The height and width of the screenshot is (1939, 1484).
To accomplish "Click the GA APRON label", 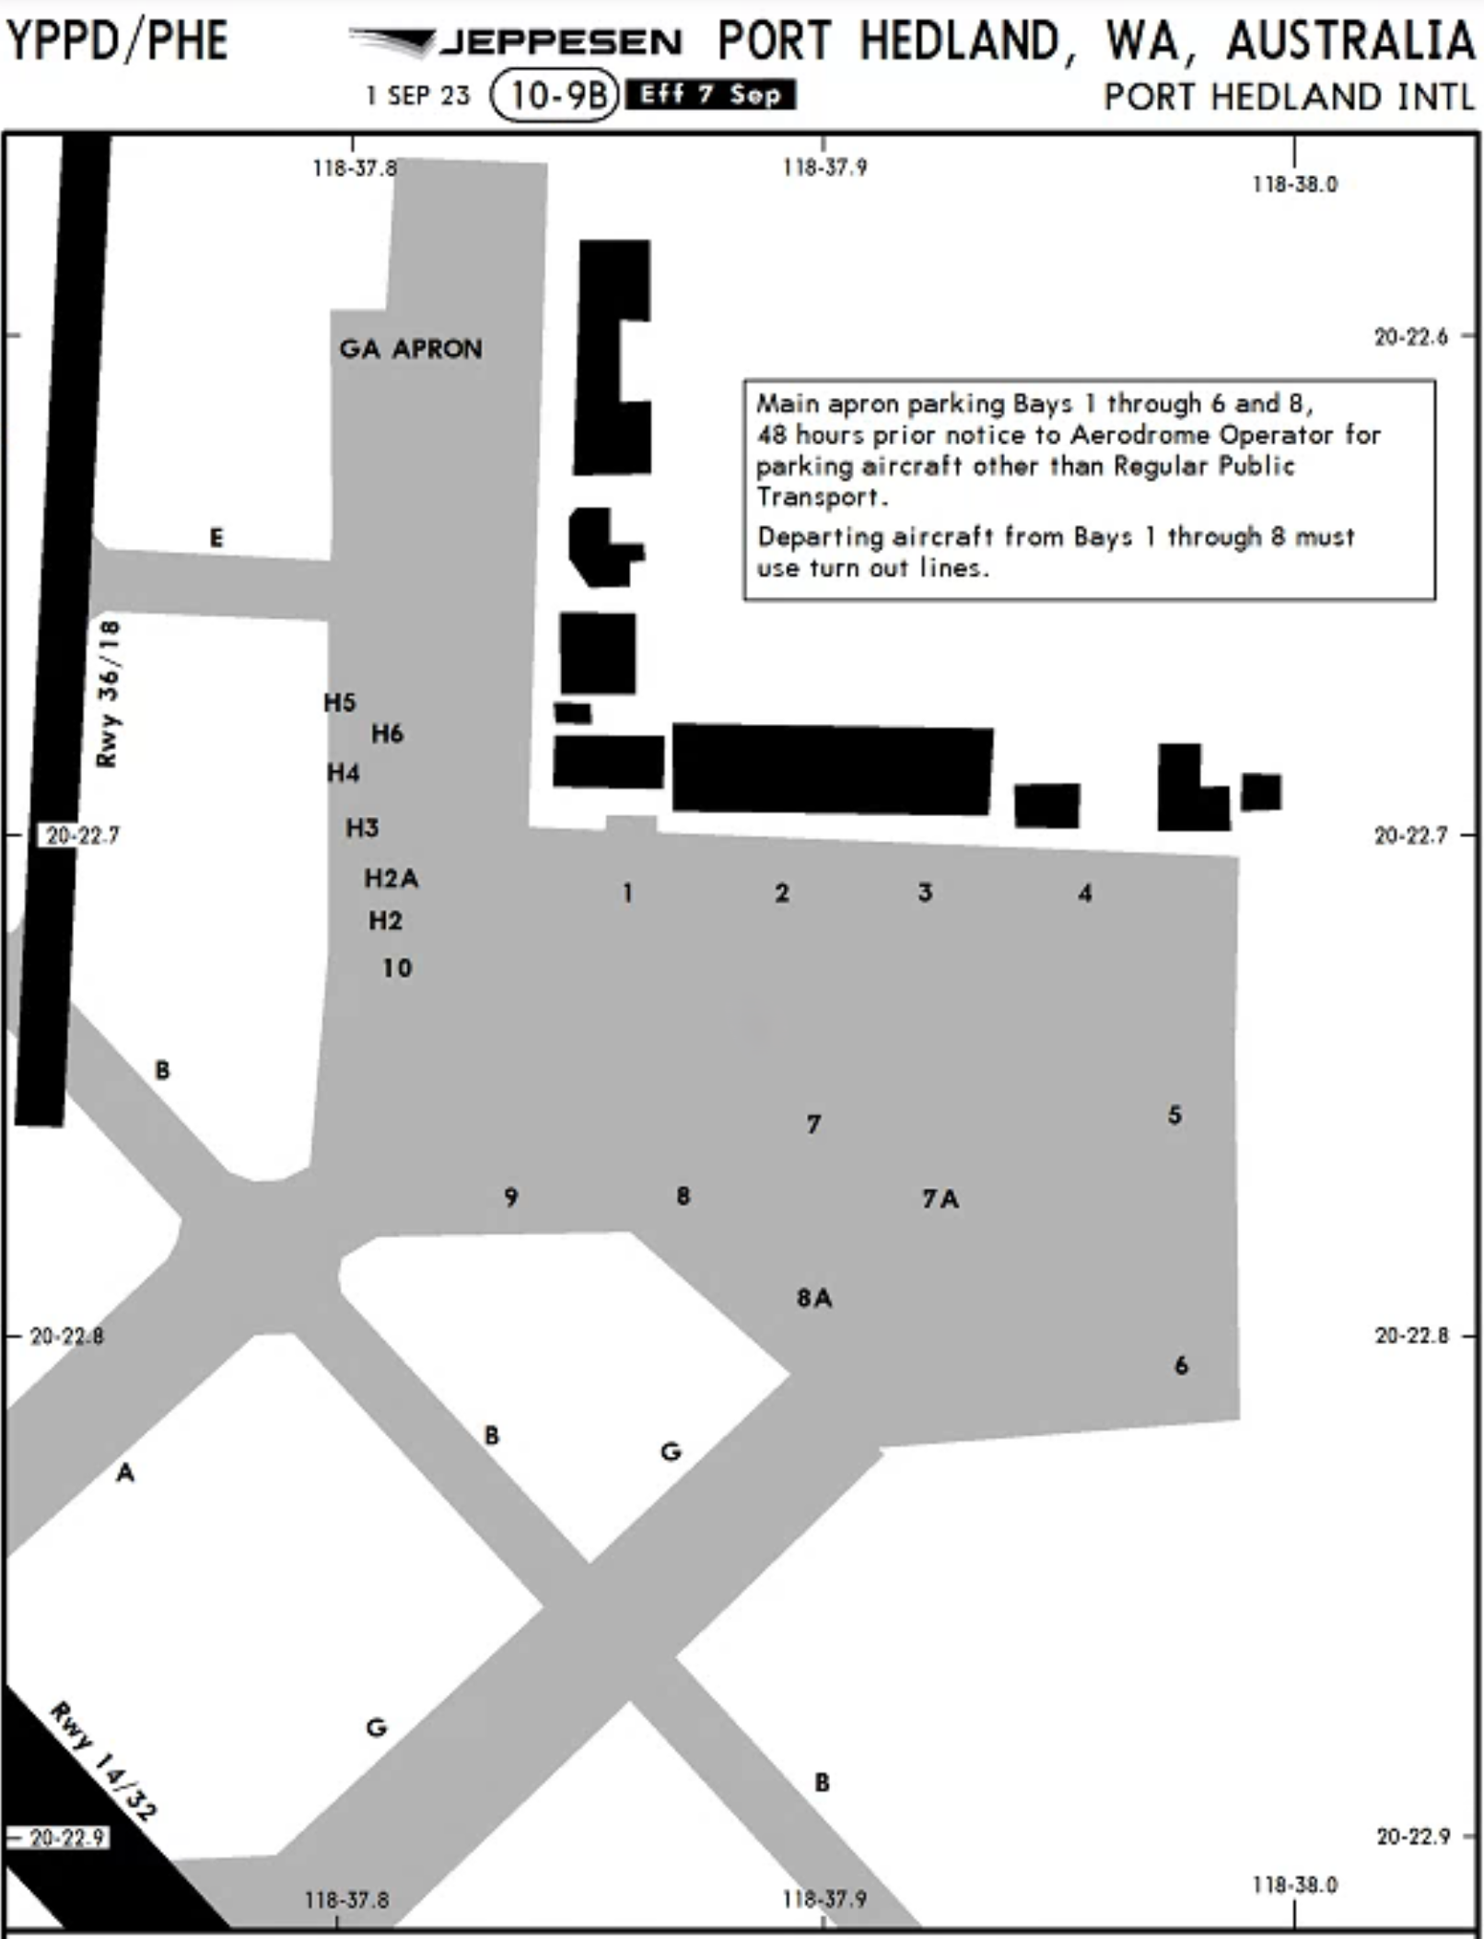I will click(x=410, y=349).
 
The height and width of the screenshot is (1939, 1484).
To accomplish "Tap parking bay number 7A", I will click(x=941, y=1198).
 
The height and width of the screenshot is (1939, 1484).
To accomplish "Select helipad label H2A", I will click(x=391, y=878).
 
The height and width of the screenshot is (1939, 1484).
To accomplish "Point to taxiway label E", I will click(x=216, y=537).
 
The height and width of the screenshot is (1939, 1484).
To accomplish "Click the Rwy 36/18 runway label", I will click(x=108, y=694).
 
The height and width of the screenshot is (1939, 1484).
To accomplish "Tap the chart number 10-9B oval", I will click(x=555, y=95).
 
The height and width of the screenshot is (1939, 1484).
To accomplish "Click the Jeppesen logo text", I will click(x=560, y=41).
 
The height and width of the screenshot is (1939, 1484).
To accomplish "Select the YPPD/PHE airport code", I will click(x=117, y=41).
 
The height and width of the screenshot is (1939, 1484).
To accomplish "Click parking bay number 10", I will click(x=397, y=968).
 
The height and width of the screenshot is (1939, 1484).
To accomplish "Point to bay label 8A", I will click(x=814, y=1298).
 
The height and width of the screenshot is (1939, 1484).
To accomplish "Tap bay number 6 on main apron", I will click(x=1181, y=1365).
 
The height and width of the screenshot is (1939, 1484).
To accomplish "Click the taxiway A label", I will click(x=125, y=1473).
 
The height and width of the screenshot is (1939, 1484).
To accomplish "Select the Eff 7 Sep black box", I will click(x=710, y=95).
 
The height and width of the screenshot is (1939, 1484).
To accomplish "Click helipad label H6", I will click(x=387, y=733).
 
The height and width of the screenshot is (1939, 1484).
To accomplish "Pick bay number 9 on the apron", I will click(x=511, y=1197).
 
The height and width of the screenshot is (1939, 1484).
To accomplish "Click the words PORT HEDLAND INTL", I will click(x=1289, y=97).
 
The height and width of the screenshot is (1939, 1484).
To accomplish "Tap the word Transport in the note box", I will click(x=821, y=497).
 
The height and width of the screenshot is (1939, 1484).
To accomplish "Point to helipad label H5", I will click(x=339, y=702).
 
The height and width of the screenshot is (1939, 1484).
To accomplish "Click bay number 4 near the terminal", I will click(x=1085, y=893).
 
